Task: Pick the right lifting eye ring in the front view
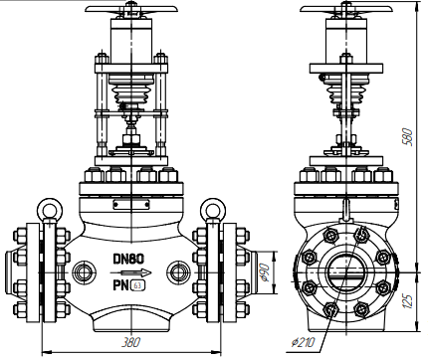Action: point(212,210)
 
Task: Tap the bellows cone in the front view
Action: point(129,96)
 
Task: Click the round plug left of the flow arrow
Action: point(80,270)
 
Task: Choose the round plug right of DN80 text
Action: point(180,270)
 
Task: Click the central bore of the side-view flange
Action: point(345,270)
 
